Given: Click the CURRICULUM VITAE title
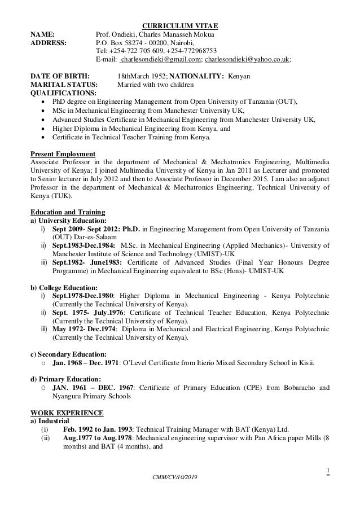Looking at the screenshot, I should tap(179, 26).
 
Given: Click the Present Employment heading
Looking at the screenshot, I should tap(62, 155).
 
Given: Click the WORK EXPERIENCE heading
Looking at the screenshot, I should tap(67, 413).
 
